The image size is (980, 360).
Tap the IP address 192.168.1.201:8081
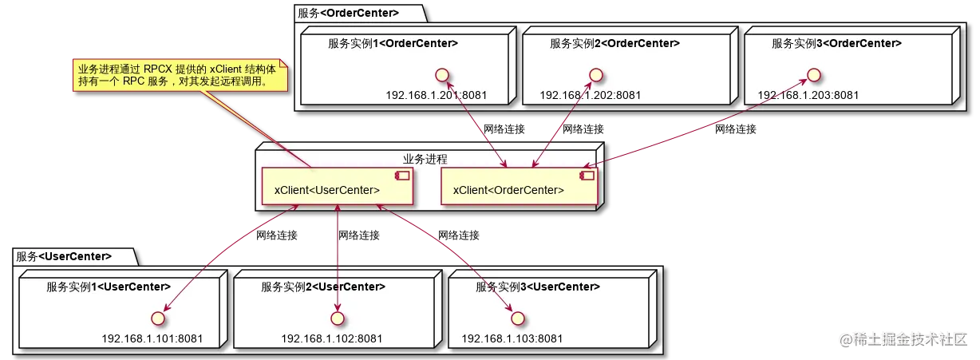[x=436, y=95]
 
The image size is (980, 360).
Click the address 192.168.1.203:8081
[x=808, y=95]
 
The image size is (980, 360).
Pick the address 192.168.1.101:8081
[x=152, y=338]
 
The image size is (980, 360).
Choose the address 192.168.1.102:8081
[x=331, y=338]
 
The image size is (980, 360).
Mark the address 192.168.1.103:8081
[x=512, y=338]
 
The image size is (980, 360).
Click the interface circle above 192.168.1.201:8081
[x=442, y=75]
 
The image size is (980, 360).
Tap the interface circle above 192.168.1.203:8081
[x=814, y=75]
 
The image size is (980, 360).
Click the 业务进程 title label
[x=425, y=159]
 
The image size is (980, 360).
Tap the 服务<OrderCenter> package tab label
[x=348, y=13]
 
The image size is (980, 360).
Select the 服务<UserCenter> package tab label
[x=64, y=256]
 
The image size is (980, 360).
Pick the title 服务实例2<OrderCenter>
[x=614, y=43]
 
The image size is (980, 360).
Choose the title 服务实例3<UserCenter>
[x=538, y=287]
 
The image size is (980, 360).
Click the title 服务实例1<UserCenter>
[x=109, y=287]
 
